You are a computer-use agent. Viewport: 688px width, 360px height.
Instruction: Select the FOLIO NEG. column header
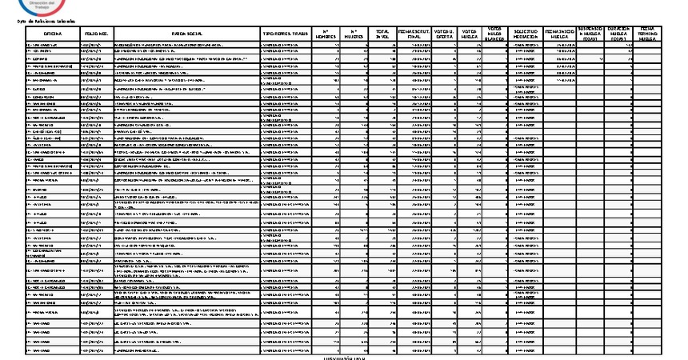95,32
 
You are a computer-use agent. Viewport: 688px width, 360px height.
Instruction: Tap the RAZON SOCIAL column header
186,32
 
